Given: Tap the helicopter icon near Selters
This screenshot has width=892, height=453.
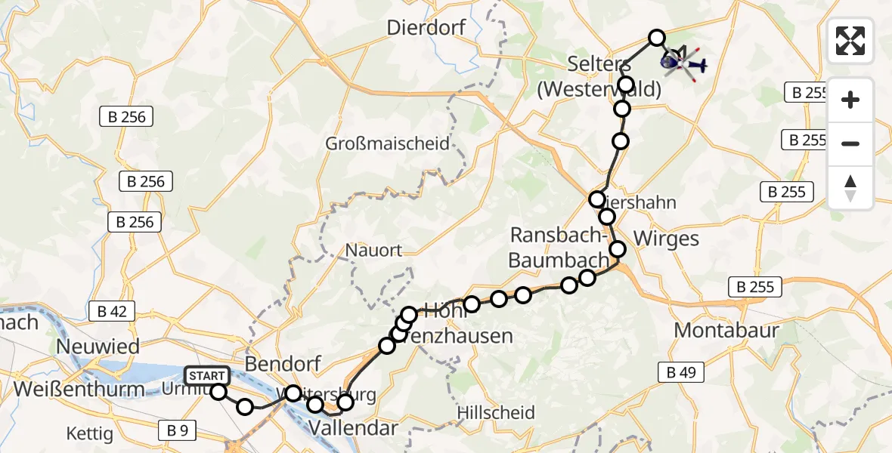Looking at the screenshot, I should (683, 63).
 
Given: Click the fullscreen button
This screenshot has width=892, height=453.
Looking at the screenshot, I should (850, 41).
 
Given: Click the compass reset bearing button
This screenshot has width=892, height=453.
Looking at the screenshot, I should (850, 188).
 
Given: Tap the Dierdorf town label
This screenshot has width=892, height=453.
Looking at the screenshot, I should (434, 28).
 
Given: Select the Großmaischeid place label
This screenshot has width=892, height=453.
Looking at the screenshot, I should (387, 143).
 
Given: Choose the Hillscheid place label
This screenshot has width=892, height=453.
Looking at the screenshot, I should (496, 413).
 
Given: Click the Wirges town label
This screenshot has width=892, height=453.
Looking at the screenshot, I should (664, 239).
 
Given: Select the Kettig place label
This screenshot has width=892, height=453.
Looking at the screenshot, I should (89, 434).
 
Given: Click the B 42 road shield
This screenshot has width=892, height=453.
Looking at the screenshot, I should (111, 310).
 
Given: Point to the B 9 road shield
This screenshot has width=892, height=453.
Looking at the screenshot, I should (177, 430).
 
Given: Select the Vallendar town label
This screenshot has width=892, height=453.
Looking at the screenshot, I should (353, 429).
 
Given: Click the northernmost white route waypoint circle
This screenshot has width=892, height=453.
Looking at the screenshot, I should (657, 38).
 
